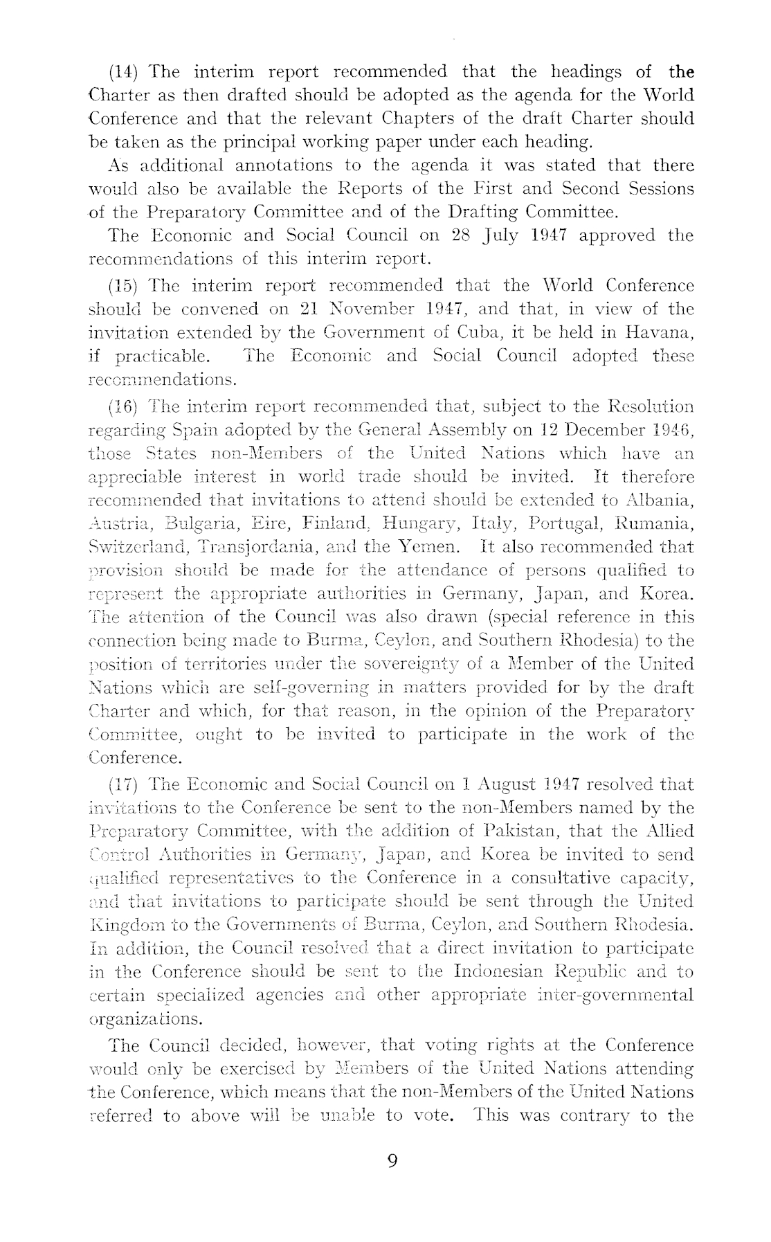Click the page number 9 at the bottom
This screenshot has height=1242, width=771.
pyautogui.click(x=392, y=1161)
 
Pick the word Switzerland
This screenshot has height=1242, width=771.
pyautogui.click(x=136, y=548)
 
